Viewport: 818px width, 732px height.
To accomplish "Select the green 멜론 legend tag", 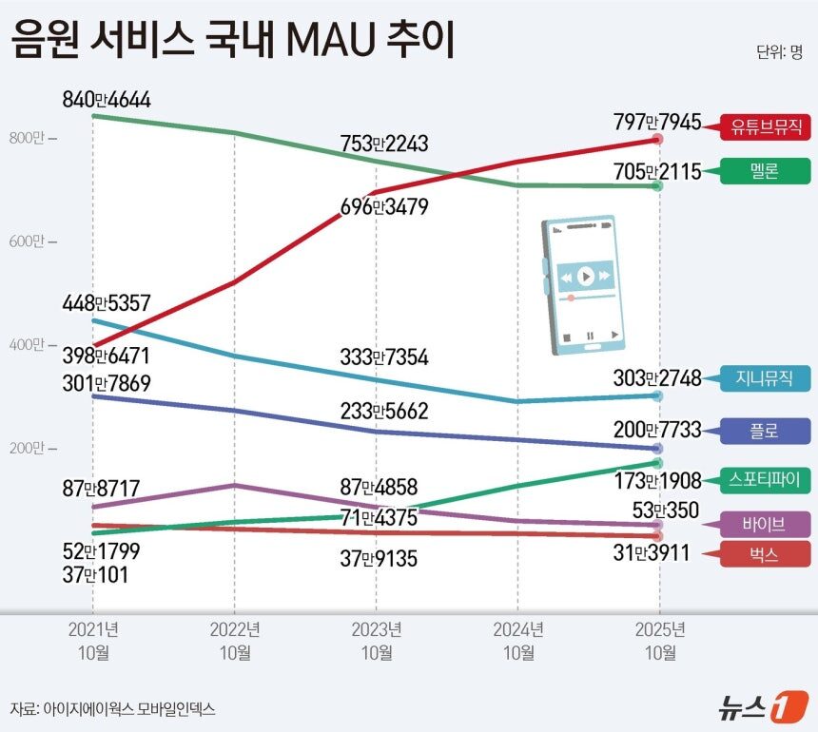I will click(767, 172).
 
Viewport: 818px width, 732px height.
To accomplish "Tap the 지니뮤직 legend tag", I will click(767, 378).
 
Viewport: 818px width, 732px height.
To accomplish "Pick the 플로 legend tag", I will click(767, 431).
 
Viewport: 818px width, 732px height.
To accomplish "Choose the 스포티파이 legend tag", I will click(767, 479).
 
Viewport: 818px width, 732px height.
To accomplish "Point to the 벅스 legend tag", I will click(767, 555).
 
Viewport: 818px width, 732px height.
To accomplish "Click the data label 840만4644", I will click(107, 100).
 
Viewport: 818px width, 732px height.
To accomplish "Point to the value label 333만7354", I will click(384, 357).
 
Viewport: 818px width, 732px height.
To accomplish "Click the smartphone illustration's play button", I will click(585, 277).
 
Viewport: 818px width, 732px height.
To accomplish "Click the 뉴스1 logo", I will click(756, 707).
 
